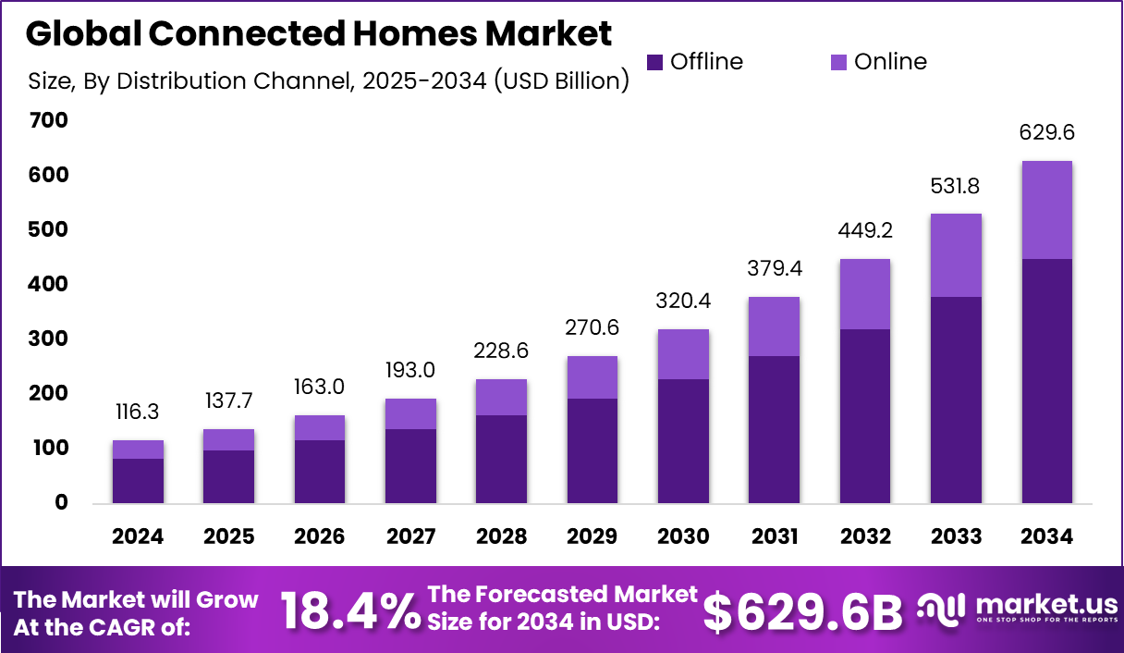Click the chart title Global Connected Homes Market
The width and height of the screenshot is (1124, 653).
(318, 34)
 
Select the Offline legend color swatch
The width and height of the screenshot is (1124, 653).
(654, 63)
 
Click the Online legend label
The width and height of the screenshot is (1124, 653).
(890, 62)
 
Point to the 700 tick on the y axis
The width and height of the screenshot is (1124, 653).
(48, 120)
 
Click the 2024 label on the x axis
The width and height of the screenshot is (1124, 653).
(138, 537)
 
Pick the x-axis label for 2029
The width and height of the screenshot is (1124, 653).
(592, 537)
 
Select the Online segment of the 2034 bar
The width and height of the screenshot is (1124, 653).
(1046, 210)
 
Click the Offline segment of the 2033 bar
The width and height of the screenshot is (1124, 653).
(956, 400)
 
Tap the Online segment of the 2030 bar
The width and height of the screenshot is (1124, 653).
(683, 354)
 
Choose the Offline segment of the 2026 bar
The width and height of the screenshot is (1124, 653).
(320, 472)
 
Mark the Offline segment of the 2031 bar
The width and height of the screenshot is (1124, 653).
(774, 429)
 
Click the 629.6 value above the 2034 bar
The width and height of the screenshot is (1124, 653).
(1046, 133)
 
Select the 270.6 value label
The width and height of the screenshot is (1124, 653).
(592, 328)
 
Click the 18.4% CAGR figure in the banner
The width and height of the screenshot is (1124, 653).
(348, 610)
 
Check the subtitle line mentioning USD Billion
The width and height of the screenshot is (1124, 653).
(329, 80)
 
